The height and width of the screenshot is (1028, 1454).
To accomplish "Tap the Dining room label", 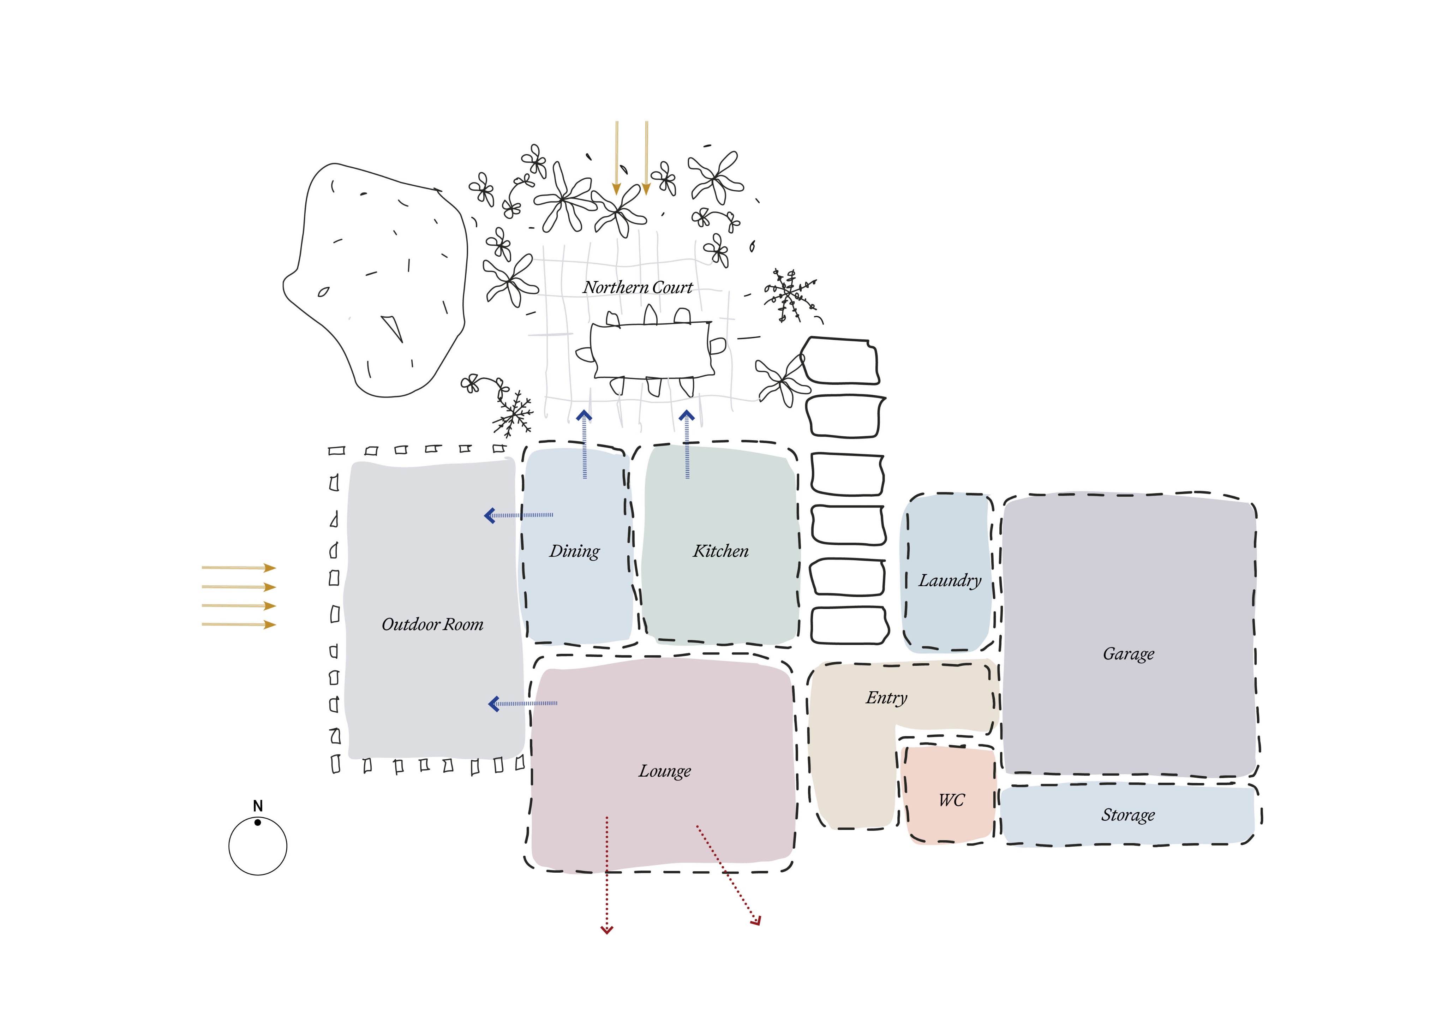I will tap(574, 551).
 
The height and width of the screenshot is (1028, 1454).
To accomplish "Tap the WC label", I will tap(951, 800).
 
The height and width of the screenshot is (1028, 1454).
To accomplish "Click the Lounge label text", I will tap(664, 771).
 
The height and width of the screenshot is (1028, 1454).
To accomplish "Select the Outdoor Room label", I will tap(432, 624).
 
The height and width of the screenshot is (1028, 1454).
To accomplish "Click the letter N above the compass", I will tap(258, 806).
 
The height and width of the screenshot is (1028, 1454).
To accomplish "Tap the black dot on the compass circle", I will tap(258, 822).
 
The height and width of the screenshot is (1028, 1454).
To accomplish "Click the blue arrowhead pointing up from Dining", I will tap(584, 416).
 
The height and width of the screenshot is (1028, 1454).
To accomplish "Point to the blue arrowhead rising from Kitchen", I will tap(687, 416).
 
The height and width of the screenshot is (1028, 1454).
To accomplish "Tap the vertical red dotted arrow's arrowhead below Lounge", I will tap(607, 930).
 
